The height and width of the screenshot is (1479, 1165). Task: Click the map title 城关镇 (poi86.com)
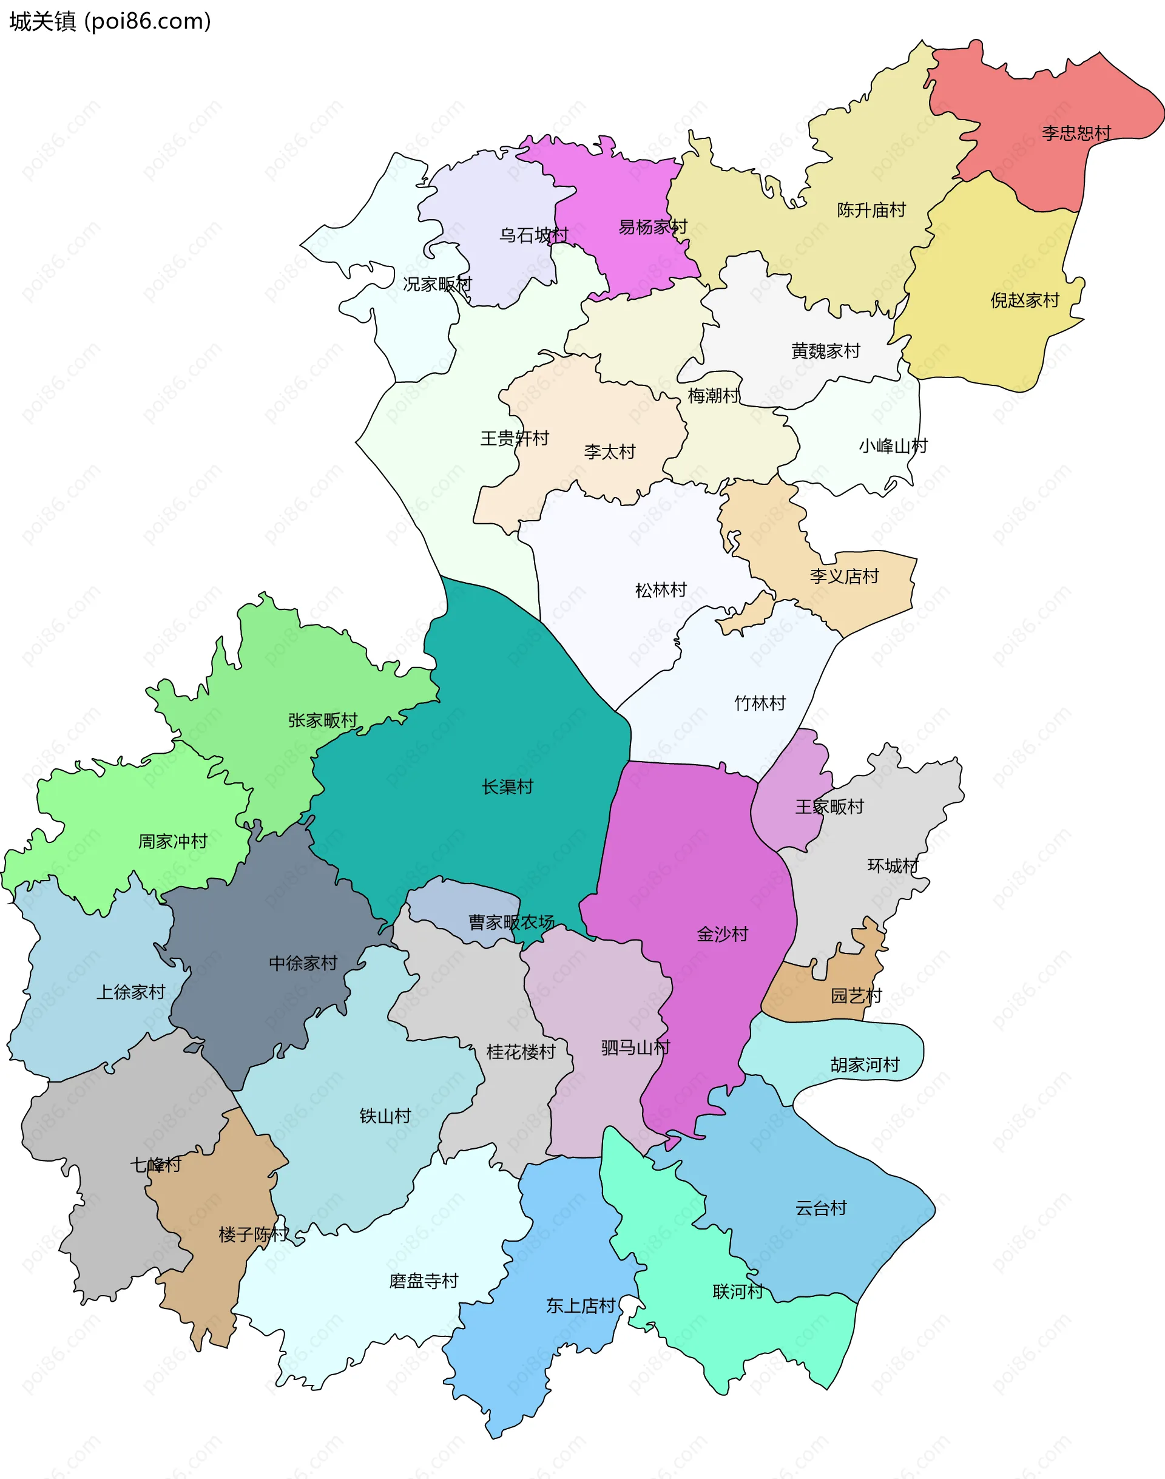click(110, 22)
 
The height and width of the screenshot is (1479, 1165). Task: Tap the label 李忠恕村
click(1076, 133)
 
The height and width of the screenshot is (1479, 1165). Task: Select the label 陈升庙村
click(871, 210)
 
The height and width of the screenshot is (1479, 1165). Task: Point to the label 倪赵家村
click(1024, 300)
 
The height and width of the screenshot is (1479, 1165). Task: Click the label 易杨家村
click(652, 227)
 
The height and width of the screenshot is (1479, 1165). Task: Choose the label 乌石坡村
click(533, 235)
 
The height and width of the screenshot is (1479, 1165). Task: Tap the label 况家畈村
click(437, 285)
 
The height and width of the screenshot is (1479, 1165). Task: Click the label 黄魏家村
click(825, 351)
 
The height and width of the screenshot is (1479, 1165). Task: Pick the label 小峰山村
click(893, 446)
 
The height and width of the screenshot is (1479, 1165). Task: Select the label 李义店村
click(844, 577)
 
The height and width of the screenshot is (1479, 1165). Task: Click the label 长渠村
click(507, 787)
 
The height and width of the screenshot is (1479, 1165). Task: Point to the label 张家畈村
click(323, 720)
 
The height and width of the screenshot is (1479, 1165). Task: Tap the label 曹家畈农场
click(511, 922)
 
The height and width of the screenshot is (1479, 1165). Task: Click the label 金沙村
click(722, 934)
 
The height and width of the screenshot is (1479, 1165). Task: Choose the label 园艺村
click(856, 995)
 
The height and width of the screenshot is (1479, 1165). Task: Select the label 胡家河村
click(864, 1064)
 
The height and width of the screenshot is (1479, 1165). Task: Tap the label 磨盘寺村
click(424, 1281)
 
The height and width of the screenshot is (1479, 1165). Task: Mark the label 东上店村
click(581, 1305)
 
